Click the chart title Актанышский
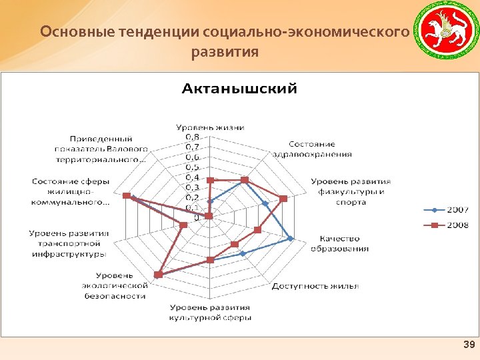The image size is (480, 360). click(240, 89)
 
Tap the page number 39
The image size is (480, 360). click(468, 345)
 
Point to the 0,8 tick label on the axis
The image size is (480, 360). click(192, 137)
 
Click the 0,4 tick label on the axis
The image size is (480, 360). click(192, 177)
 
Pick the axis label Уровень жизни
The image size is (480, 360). click(210, 127)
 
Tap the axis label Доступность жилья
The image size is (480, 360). click(315, 287)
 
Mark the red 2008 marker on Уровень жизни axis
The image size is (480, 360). click(210, 180)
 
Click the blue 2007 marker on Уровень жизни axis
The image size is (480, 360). click(210, 201)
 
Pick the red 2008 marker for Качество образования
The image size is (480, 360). click(257, 230)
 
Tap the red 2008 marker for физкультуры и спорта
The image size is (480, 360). click(283, 198)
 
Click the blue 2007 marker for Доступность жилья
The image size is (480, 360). click(243, 253)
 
